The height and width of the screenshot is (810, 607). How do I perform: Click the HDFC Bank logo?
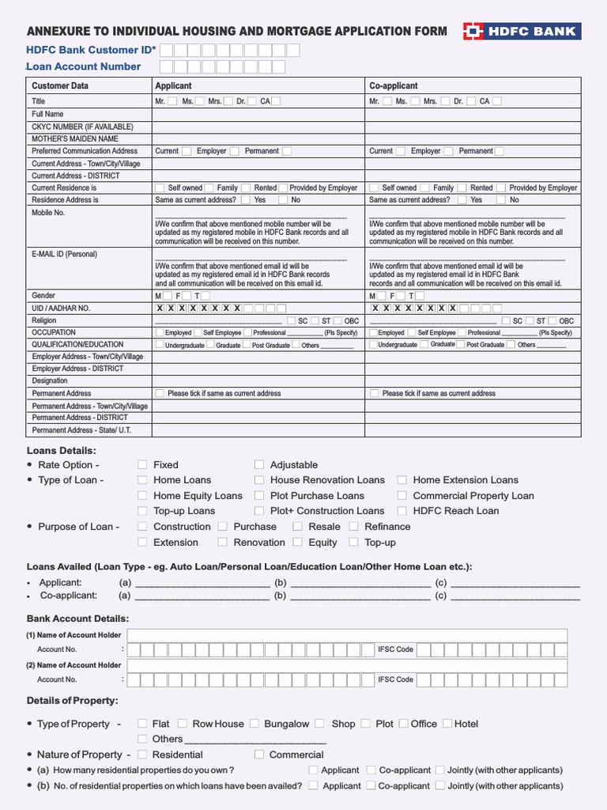(x=521, y=32)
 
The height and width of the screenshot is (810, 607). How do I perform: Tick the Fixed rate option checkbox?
(x=142, y=465)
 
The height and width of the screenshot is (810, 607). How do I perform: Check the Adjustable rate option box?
(x=259, y=465)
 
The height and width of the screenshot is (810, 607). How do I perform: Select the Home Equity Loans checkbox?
(x=142, y=496)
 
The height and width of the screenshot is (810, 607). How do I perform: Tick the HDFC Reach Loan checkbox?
(x=402, y=511)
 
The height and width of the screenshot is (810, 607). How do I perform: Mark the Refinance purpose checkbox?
(x=354, y=527)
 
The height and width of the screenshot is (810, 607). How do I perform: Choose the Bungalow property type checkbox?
(x=254, y=724)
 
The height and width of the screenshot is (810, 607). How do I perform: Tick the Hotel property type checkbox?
(x=447, y=724)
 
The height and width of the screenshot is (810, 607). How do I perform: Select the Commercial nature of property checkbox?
(x=259, y=755)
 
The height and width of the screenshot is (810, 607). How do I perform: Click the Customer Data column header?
(x=60, y=85)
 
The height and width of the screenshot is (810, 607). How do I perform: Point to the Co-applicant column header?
(x=394, y=85)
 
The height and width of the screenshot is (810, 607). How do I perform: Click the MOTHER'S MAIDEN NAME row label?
(x=74, y=138)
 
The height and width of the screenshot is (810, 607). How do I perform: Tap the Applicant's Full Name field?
(x=258, y=114)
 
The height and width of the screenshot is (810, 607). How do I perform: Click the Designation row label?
(x=50, y=380)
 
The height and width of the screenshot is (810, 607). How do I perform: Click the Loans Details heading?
(x=62, y=450)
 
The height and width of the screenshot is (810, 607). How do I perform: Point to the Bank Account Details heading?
(x=77, y=619)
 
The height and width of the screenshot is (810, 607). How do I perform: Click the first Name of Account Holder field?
(x=347, y=635)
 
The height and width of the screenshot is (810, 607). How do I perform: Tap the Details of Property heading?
(x=73, y=701)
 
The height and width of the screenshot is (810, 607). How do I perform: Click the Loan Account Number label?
(x=84, y=66)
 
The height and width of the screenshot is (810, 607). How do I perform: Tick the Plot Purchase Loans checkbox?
(x=259, y=496)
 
